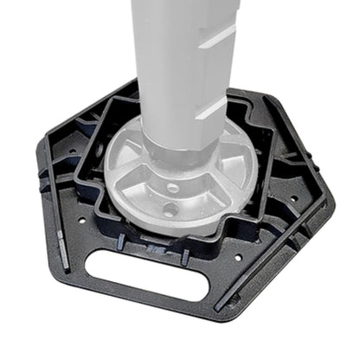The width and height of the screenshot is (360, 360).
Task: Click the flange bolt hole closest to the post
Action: [x=173, y=187]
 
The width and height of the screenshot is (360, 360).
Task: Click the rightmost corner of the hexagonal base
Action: [x=332, y=202]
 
